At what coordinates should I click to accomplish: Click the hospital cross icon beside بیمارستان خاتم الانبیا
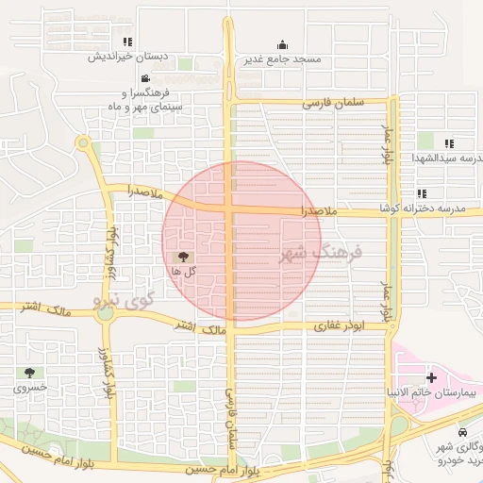point(431,377)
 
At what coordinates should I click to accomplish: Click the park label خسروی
point(29,388)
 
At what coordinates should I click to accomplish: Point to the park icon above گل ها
point(183,257)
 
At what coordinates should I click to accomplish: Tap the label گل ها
point(183,271)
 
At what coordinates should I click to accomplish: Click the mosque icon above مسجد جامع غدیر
point(282,44)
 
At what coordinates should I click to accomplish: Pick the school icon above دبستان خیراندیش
point(127,42)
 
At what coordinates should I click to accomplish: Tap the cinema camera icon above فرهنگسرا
point(144,78)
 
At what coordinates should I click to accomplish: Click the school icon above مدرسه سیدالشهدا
point(450,143)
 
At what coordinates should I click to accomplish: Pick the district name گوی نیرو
point(124,301)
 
